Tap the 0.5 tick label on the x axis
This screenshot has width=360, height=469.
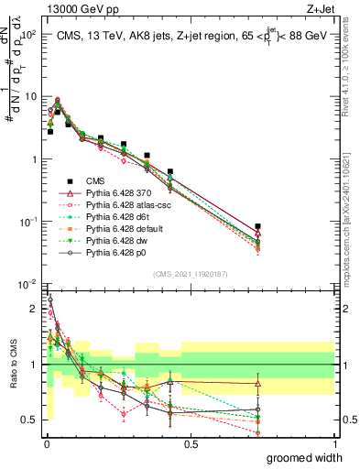pyautogui.click(x=190, y=442)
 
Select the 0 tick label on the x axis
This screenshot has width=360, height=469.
pyautogui.click(x=46, y=442)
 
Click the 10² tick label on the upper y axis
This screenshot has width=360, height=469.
pyautogui.click(x=27, y=34)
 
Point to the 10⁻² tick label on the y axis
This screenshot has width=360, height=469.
pyautogui.click(x=27, y=284)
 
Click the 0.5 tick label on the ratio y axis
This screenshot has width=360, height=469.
pyautogui.click(x=29, y=420)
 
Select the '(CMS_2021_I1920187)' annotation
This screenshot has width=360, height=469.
pyautogui.click(x=190, y=273)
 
